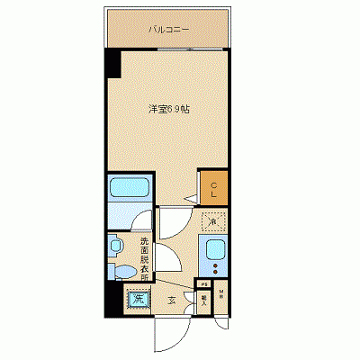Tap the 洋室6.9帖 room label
[x=168, y=110]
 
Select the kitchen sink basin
[x=215, y=250]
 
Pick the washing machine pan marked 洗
[x=138, y=298]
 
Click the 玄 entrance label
[x=171, y=301]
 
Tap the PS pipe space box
[x=204, y=285]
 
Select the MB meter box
[x=221, y=294]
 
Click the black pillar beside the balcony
[x=112, y=64]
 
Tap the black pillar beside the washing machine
[x=111, y=300]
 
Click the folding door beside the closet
[x=193, y=193]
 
